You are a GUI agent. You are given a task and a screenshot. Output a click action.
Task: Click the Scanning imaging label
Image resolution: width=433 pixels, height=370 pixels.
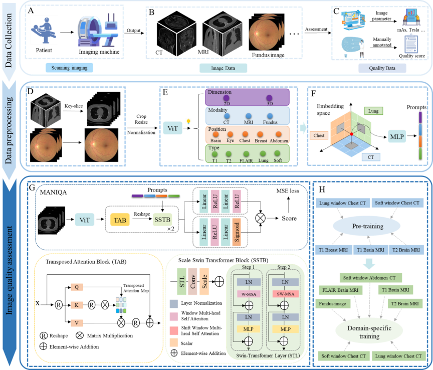click(69, 67)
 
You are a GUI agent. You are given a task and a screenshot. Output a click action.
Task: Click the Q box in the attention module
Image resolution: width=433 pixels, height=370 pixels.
click(77, 287)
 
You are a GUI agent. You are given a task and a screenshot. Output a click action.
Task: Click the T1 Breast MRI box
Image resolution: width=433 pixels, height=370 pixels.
click(333, 249)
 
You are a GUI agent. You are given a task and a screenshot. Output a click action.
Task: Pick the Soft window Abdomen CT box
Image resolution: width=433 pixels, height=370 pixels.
click(370, 277)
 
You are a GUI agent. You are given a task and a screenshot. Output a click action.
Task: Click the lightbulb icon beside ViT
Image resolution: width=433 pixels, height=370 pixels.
click(188, 121)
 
